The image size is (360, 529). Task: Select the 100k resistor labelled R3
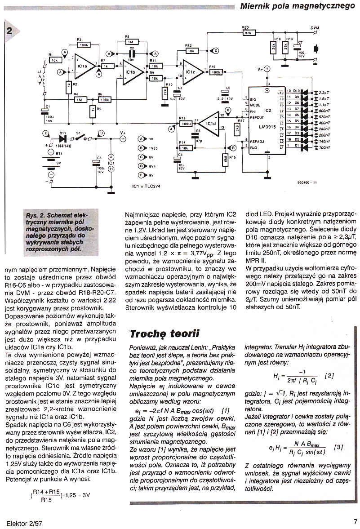(84, 45)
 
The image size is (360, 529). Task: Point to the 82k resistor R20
(249, 33)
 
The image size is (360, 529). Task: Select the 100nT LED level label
(324, 147)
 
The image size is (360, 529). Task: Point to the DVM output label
(315, 28)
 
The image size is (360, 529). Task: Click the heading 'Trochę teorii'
(165, 333)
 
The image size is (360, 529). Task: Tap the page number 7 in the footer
(355, 522)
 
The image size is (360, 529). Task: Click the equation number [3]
(339, 447)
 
